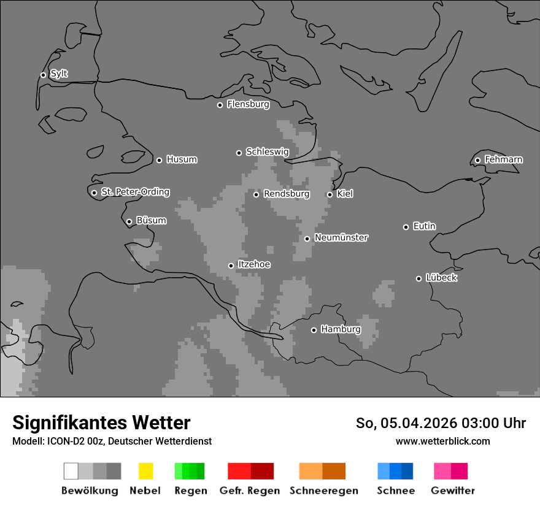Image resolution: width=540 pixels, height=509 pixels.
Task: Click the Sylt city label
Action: pyautogui.click(x=59, y=74)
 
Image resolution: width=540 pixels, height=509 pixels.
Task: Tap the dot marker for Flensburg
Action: pyautogui.click(x=220, y=105)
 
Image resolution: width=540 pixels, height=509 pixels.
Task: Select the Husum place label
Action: pyautogui.click(x=182, y=159)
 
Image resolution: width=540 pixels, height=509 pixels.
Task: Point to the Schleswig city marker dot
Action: pyautogui.click(x=239, y=153)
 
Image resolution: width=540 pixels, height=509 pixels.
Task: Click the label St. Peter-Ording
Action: pyautogui.click(x=135, y=192)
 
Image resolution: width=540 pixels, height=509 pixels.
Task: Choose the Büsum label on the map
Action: pyautogui.click(x=151, y=220)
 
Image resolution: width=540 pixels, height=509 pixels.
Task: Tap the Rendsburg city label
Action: pyautogui.click(x=287, y=194)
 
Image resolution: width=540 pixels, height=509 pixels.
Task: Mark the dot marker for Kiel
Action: pyautogui.click(x=330, y=194)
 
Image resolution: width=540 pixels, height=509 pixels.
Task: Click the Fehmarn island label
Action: pyautogui.click(x=503, y=159)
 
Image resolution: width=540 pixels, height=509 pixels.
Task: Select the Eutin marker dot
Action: pyautogui.click(x=406, y=227)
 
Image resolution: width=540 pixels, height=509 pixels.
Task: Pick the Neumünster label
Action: pyautogui.click(x=341, y=237)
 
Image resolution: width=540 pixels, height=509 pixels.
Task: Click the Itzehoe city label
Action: pyautogui.click(x=254, y=264)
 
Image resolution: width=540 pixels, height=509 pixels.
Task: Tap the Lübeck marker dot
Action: pyautogui.click(x=418, y=278)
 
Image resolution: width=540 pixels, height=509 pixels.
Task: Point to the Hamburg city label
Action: pyautogui.click(x=341, y=329)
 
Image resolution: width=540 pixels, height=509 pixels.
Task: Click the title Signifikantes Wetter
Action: pyautogui.click(x=101, y=423)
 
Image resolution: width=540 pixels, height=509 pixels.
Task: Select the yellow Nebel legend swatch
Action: pyautogui.click(x=145, y=471)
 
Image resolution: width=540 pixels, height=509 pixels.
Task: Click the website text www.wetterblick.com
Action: pyautogui.click(x=442, y=441)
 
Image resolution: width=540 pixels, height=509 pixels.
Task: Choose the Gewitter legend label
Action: pyautogui.click(x=453, y=491)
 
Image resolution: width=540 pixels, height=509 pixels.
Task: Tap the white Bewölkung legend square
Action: pyautogui.click(x=71, y=471)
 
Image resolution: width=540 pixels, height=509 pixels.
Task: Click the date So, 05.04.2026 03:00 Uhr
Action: pyautogui.click(x=441, y=423)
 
